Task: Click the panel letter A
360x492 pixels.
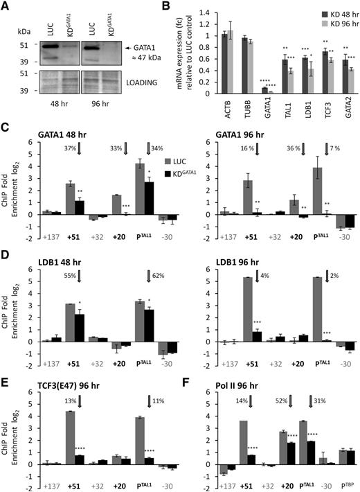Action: click(6, 6)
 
